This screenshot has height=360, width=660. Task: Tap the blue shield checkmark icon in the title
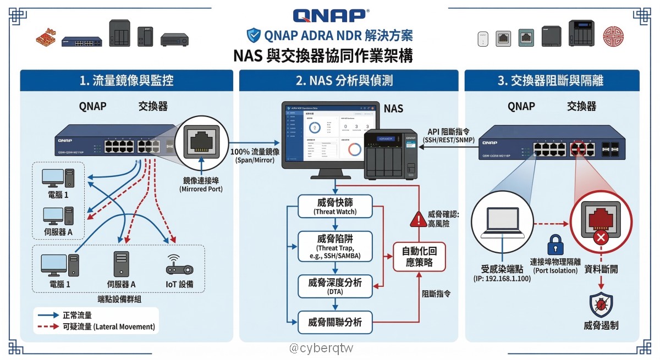(254, 35)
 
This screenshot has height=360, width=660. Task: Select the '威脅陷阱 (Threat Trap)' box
(335, 246)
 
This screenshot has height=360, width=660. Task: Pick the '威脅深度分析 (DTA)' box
(335, 286)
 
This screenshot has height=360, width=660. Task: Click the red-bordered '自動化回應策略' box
(419, 257)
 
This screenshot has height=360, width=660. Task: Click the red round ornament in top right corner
(614, 37)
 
